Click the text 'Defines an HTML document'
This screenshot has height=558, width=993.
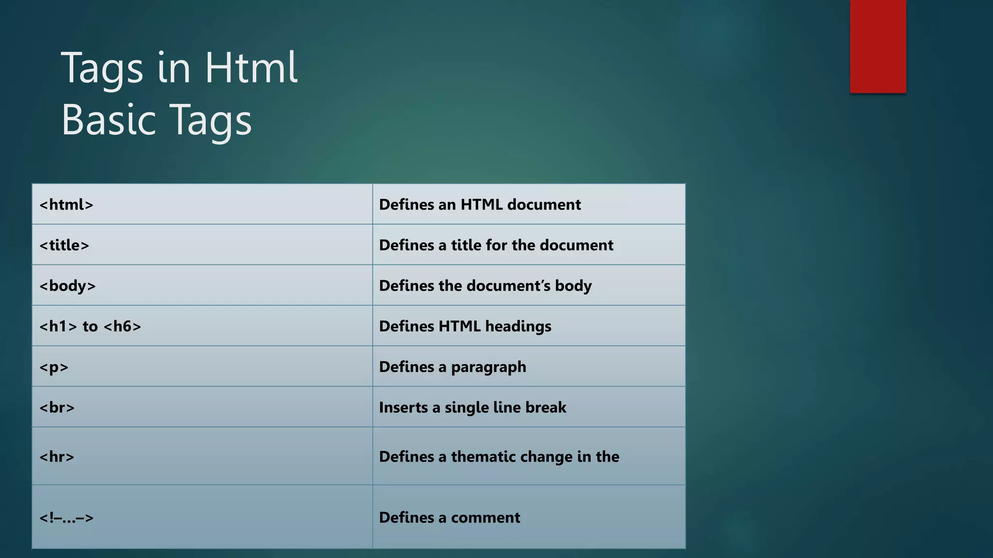coord(480,204)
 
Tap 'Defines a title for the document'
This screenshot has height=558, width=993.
coord(496,245)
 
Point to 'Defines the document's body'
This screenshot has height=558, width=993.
coord(485,286)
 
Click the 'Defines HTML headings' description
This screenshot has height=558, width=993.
coord(465,326)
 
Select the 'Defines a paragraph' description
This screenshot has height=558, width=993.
coord(452,367)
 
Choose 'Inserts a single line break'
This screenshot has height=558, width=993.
coord(472,407)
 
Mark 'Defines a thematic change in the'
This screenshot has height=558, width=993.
coord(499,457)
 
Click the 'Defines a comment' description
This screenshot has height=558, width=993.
coord(449,517)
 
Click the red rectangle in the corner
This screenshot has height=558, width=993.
coord(878,46)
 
